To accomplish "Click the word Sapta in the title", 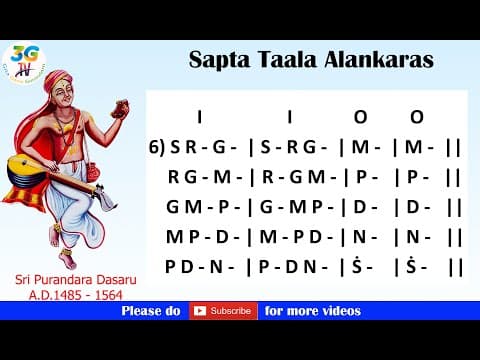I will click(x=215, y=60).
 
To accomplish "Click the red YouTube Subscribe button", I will click(x=221, y=311).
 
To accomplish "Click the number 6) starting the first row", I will click(x=156, y=146).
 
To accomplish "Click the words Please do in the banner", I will click(x=151, y=311).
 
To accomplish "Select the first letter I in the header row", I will click(x=200, y=115).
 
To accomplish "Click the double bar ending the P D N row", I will click(x=455, y=267).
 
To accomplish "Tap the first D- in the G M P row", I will click(x=358, y=207).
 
